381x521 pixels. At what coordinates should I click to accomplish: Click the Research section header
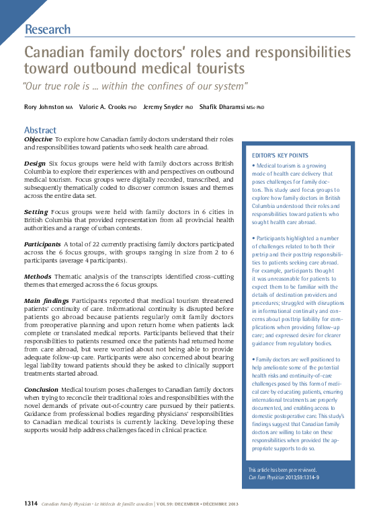pos(47,29)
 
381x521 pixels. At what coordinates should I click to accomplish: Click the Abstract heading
pos(40,130)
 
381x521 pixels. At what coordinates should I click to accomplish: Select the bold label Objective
pos(38,139)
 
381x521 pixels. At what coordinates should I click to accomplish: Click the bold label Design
pos(35,164)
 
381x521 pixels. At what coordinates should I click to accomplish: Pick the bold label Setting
pos(36,211)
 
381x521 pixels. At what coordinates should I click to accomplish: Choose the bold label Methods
pos(38,276)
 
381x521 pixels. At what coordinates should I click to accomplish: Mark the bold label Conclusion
pos(41,390)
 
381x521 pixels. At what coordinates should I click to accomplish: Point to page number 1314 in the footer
pos(31,503)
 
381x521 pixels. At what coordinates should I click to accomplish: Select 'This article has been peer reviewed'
pos(282,470)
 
